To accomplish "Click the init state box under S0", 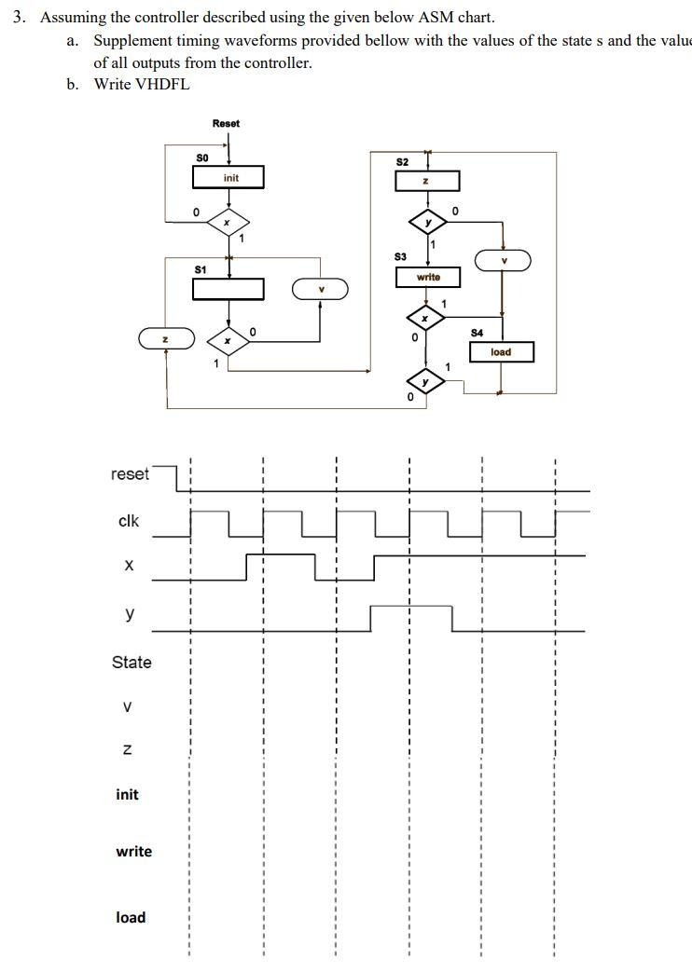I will (x=228, y=177).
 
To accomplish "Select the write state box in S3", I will (x=428, y=277).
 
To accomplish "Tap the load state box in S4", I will (x=501, y=352).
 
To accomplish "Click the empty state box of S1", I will (x=228, y=289).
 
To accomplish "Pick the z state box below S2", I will (x=427, y=181).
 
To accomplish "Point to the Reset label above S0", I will (x=226, y=123).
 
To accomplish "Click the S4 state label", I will (x=477, y=332).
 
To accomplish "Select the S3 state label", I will (x=400, y=255).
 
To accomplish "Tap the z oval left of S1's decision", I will (x=166, y=338).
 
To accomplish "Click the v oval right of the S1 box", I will (x=320, y=289).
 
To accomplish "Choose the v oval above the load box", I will (x=503, y=260).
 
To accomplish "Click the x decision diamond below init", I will (x=227, y=222).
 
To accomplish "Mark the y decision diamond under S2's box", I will (x=428, y=223).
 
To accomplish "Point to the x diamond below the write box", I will (x=425, y=319).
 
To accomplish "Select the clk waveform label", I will (x=129, y=521).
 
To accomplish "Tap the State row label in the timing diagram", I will (x=131, y=663).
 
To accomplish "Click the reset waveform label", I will (x=130, y=474).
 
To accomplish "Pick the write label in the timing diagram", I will (x=133, y=852).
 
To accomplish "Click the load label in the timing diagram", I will (x=131, y=917).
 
